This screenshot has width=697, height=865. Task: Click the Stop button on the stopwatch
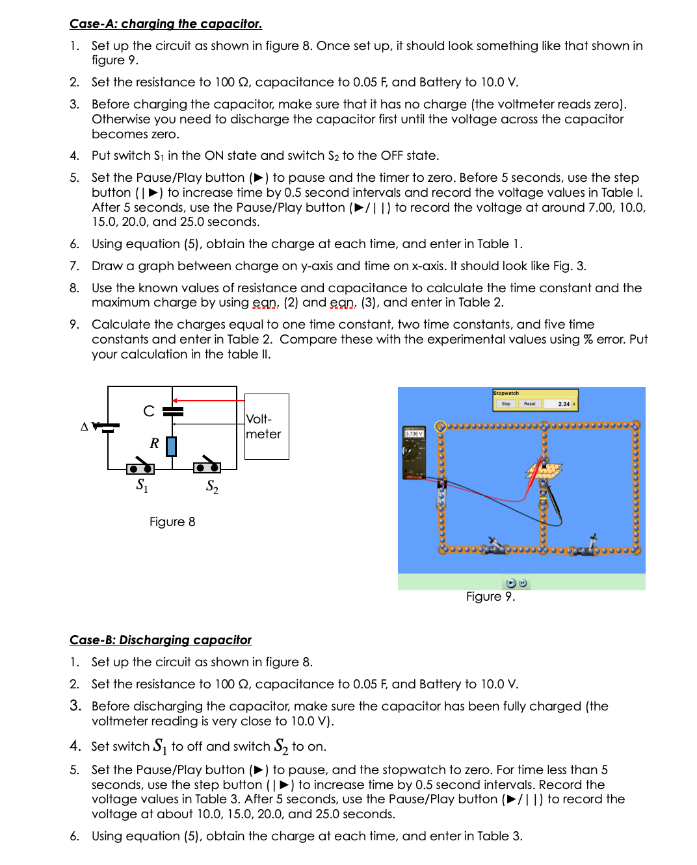pos(506,404)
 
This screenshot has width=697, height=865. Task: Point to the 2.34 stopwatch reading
pos(563,404)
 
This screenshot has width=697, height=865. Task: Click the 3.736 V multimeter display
pos(414,433)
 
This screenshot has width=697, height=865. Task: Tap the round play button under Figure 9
pos(511,583)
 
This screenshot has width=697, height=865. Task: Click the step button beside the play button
pos(523,583)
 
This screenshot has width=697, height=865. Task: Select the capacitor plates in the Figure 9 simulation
pos(544,469)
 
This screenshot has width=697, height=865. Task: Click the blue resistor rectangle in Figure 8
pos(172,446)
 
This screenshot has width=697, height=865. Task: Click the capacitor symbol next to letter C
pos(173,411)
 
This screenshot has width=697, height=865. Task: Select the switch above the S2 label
pos(207,466)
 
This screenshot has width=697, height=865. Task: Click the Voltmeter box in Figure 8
pos(267,427)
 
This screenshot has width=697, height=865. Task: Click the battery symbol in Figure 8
pos(108,427)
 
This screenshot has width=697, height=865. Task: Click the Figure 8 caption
pos(172,522)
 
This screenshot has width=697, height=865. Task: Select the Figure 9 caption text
pos(490,597)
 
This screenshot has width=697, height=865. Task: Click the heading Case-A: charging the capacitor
pos(166,24)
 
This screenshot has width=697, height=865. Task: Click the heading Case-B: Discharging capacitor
pos(161,640)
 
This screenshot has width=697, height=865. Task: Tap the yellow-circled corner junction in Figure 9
pos(440,427)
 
